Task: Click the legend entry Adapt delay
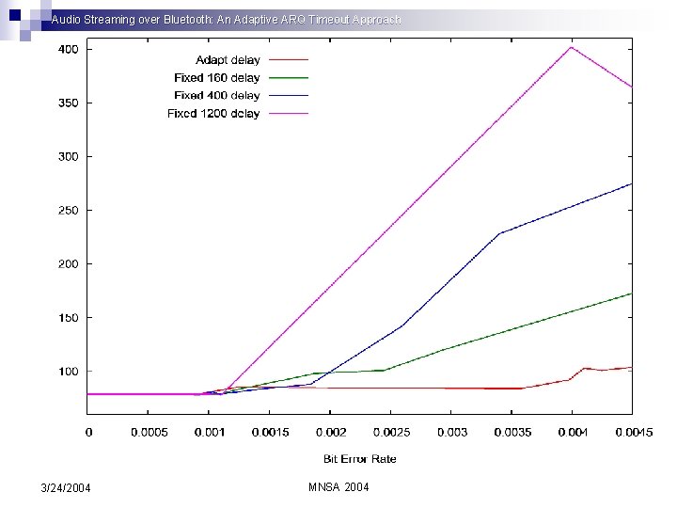pos(228,60)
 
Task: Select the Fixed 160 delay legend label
pos(216,78)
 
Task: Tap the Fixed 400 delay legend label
pos(216,96)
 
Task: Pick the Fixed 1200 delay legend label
pos(213,114)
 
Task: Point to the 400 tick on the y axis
pos(69,48)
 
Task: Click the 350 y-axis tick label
pos(69,102)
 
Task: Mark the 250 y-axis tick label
pos(69,210)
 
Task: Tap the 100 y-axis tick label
pos(69,372)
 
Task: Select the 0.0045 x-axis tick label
pos(632,433)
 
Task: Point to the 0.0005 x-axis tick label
pos(149,433)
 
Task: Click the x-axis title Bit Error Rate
pos(360,459)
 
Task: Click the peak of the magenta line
pos(571,47)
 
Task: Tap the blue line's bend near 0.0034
pos(499,232)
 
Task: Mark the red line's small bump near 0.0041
pos(585,368)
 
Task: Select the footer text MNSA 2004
pos(338,487)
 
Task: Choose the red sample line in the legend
pos(289,60)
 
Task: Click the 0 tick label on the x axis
pos(88,433)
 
